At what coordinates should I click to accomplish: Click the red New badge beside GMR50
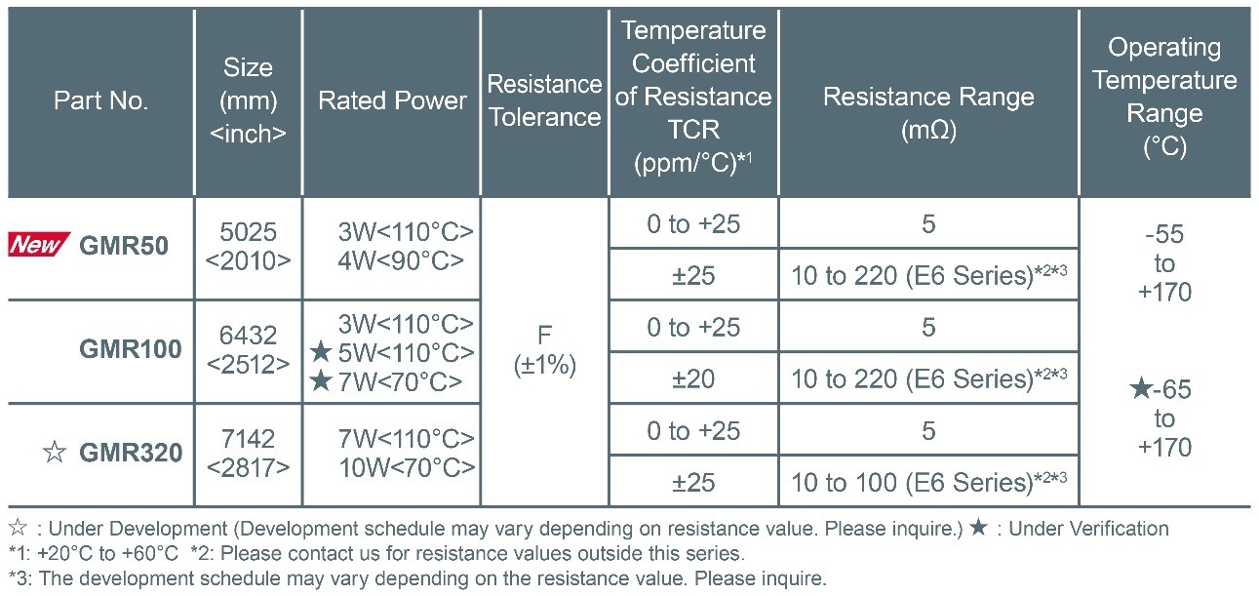pos(39,246)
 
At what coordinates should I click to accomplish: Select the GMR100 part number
pos(130,349)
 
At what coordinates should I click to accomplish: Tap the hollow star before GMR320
pos(54,453)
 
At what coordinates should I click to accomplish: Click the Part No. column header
pos(101,100)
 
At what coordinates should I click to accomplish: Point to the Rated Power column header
pos(392,100)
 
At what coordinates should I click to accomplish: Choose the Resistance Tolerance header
pos(544,100)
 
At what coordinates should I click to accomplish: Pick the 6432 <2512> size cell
pos(249,349)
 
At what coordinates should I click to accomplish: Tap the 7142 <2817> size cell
pos(249,453)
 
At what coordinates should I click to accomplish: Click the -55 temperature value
pos(1164,235)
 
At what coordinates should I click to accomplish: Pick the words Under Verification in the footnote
pos(1088,529)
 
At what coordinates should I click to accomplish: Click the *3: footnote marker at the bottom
pos(19,577)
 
